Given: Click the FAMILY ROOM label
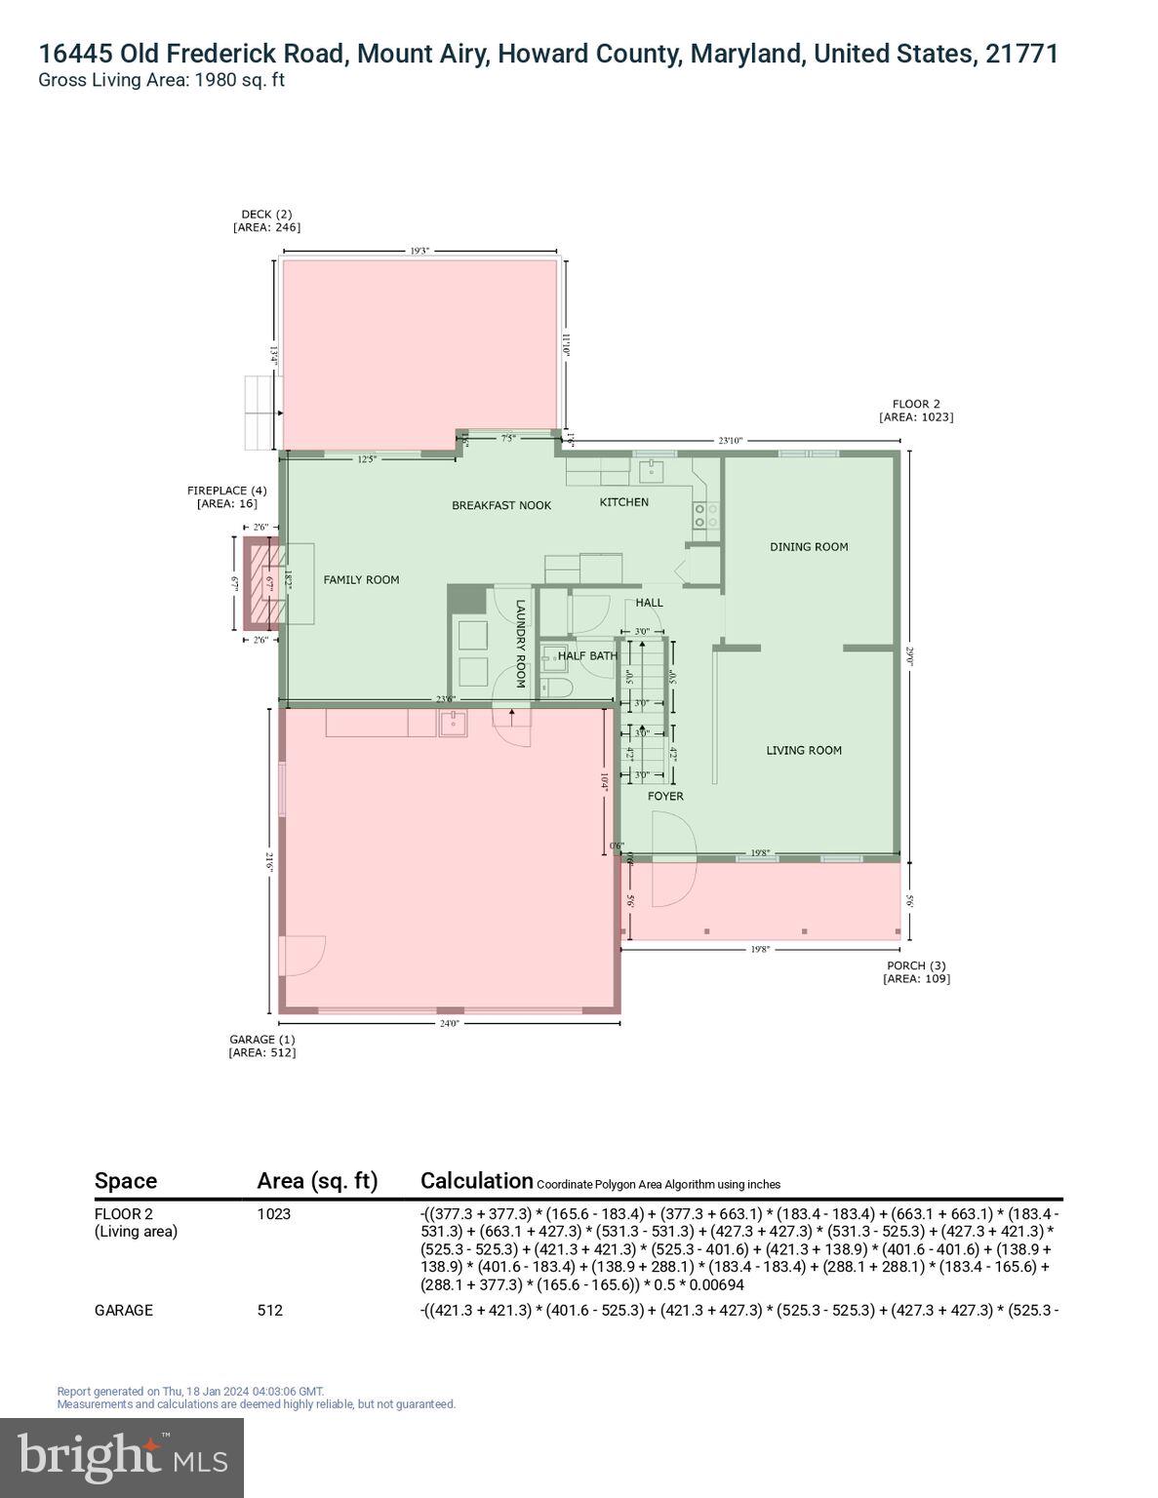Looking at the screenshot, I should coord(361,579).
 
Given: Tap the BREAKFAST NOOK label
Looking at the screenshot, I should coord(501,505).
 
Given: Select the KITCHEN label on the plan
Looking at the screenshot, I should coord(623,502).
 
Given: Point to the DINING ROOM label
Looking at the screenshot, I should coord(809,547).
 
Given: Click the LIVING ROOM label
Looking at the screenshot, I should coord(803,750).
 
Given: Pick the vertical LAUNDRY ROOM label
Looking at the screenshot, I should coord(520,644).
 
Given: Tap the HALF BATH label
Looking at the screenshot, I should coord(587,656).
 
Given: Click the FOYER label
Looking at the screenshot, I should coord(665,796).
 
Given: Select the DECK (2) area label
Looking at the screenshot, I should coord(266,220).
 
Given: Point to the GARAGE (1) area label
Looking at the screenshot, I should coord(261,1045).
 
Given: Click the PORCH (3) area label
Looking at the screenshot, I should coord(916,971).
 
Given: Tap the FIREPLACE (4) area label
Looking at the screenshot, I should coord(226,496).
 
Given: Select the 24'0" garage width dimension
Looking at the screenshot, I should coord(449,1023).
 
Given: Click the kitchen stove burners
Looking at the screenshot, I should coord(705,515).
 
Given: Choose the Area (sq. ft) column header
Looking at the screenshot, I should coord(317,1181).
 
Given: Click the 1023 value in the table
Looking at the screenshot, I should coord(273,1214).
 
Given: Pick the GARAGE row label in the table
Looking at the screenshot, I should coord(124,1310).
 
